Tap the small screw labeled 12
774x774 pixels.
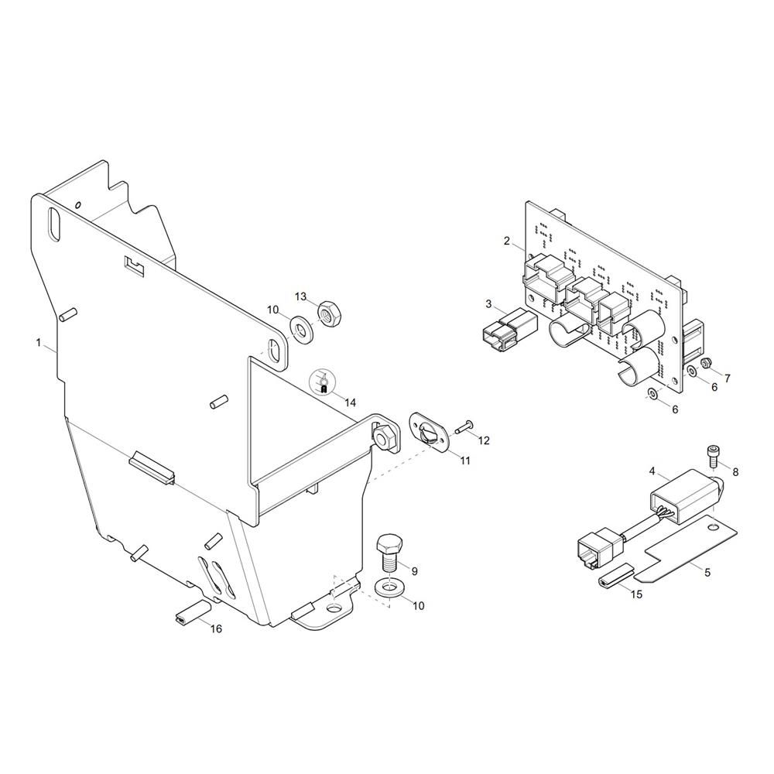[464, 427]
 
